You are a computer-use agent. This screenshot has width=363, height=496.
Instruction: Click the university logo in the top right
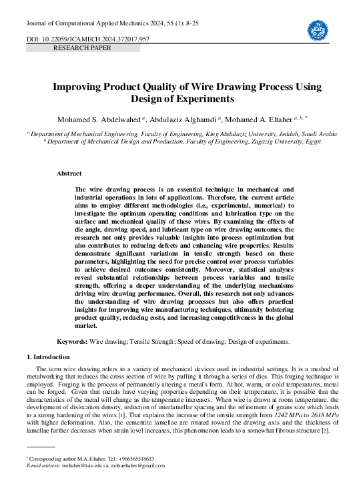coord(318,29)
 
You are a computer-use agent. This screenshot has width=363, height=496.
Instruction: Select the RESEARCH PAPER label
coord(83,49)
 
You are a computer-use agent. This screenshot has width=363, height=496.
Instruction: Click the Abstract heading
coord(69,174)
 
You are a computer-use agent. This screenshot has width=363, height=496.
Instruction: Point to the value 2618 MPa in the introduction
coord(321,396)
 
